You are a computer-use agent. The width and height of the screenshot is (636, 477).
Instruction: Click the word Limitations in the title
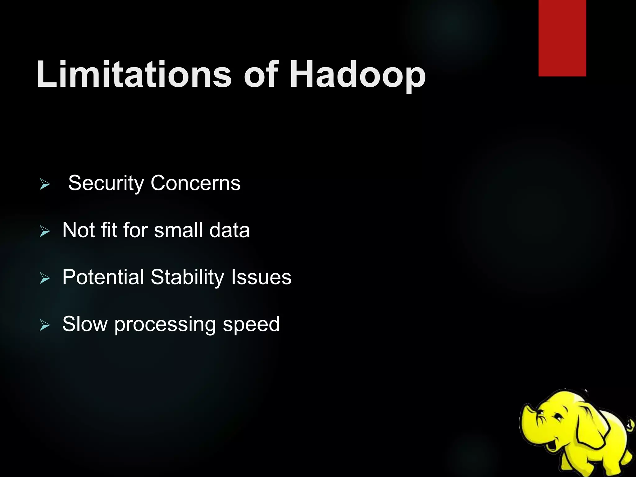(134, 75)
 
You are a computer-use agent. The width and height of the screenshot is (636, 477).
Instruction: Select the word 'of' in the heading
(261, 75)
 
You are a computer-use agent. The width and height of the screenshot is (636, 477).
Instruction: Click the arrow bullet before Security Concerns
(45, 184)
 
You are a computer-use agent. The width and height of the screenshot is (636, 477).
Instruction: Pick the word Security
(106, 183)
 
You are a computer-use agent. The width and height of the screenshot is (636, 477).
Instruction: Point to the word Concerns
(195, 183)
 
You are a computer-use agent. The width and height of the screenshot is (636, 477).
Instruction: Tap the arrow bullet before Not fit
(45, 231)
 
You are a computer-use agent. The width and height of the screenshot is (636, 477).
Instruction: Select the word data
(229, 230)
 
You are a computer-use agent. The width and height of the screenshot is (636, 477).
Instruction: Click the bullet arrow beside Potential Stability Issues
(45, 278)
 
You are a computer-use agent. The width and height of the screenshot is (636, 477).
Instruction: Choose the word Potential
(103, 277)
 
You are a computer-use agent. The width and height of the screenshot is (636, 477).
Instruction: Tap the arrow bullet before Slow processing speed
(45, 325)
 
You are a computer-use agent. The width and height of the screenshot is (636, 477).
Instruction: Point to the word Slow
(84, 324)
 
